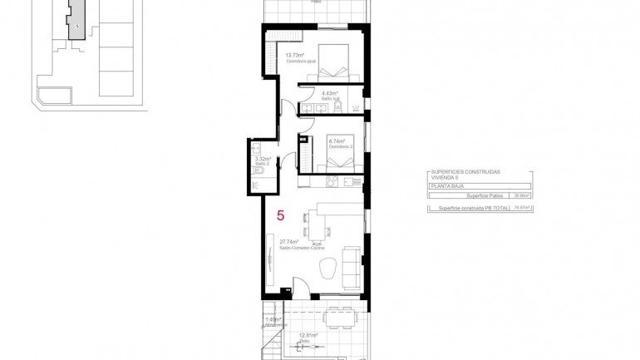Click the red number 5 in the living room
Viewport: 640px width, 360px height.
point(280,215)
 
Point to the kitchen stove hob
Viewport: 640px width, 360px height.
point(332,181)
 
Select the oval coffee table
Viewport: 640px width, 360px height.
point(327,268)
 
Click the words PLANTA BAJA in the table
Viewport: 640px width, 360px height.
point(442,188)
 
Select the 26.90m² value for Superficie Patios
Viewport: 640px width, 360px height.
point(522,196)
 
